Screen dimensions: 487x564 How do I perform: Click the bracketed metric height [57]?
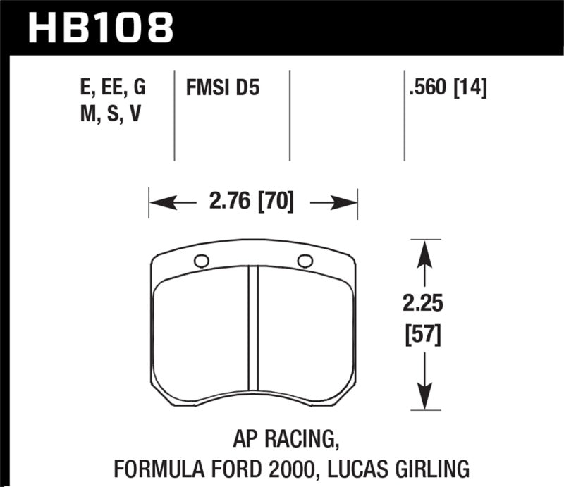click(422, 337)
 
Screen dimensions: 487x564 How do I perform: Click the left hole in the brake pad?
click(201, 261)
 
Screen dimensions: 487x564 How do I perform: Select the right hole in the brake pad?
click(305, 261)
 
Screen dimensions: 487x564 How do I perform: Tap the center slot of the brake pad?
click(253, 338)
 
